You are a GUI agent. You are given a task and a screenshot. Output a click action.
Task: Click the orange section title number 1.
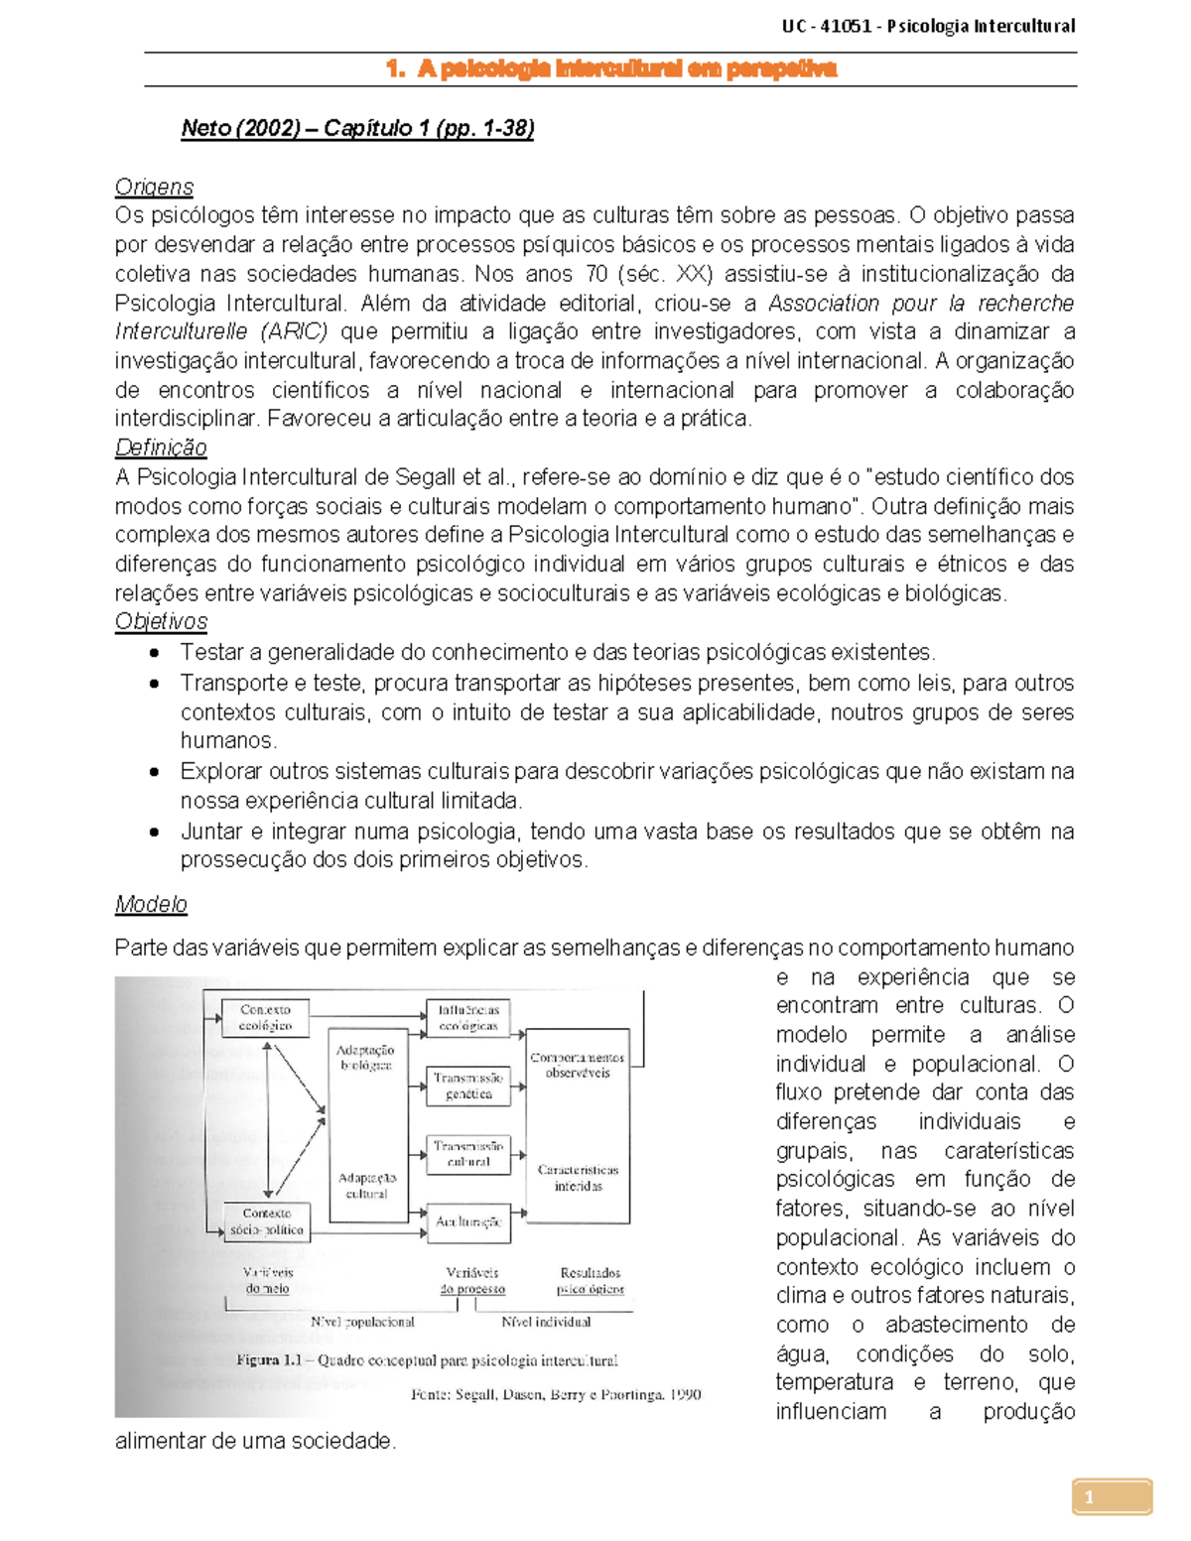394,68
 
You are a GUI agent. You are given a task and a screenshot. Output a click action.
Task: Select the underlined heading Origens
154,187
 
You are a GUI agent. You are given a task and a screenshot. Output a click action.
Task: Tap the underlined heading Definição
161,448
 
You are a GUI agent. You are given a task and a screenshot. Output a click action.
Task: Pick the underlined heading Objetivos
161,622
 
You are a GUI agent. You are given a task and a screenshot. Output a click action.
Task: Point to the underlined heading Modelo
151,904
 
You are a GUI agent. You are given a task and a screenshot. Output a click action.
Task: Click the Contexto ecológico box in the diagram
265,1018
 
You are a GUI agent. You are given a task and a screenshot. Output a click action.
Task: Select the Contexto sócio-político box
265,1221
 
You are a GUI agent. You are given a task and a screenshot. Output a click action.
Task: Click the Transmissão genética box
468,1086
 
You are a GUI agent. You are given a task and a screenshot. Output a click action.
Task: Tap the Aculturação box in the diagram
468,1222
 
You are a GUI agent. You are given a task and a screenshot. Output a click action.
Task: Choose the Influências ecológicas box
468,1018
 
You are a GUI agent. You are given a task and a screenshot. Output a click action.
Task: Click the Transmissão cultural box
468,1154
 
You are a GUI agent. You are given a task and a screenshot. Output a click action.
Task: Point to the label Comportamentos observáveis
578,1065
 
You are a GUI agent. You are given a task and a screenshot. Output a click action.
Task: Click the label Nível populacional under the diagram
362,1322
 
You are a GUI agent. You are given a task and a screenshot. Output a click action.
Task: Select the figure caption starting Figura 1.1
427,1360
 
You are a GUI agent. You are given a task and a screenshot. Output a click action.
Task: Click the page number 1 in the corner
1090,1497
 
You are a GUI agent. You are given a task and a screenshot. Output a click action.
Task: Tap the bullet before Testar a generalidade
154,653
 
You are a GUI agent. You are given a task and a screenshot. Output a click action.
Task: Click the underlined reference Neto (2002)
240,128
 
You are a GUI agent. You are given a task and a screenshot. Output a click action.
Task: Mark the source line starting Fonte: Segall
556,1394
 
